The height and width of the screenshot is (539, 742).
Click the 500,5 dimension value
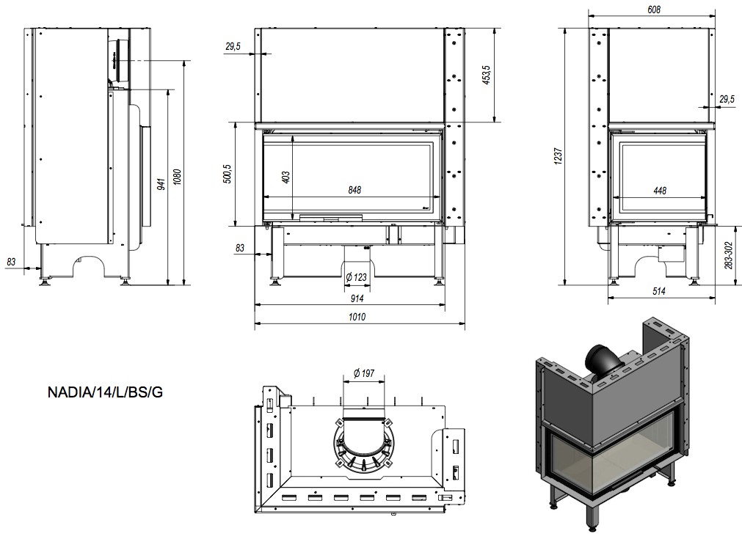(228, 175)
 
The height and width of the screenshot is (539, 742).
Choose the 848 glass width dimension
(354, 190)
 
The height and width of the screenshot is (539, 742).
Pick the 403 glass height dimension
(286, 176)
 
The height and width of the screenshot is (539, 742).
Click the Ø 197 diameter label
(363, 374)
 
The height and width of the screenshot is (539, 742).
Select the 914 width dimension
(356, 298)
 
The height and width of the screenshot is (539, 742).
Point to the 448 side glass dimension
(659, 191)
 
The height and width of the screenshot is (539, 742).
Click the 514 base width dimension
(658, 291)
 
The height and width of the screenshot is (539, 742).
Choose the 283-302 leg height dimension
(728, 254)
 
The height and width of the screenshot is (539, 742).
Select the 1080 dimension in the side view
(176, 177)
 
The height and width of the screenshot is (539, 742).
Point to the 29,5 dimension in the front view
(233, 47)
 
